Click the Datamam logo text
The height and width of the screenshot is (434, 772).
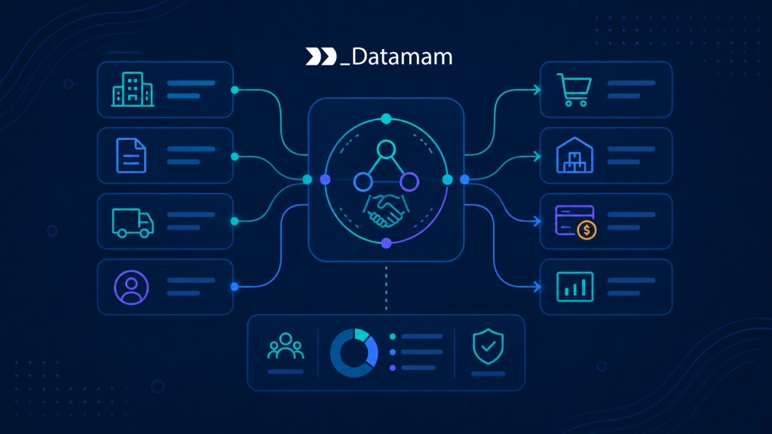point(397,57)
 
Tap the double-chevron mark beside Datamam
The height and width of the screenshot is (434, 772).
point(321,57)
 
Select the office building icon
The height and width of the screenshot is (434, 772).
point(133,89)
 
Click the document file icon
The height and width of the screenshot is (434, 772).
point(131,155)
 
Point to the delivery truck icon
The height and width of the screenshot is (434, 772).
point(133,222)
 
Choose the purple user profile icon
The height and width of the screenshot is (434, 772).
point(131,287)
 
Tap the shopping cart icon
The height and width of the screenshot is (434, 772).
point(574,90)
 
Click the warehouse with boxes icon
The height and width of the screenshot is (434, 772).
point(574,155)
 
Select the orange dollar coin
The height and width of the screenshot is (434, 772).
point(587,230)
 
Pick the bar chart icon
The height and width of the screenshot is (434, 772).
point(574,286)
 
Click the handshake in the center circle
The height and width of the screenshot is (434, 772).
point(386,210)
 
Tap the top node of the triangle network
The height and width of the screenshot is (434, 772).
point(386,149)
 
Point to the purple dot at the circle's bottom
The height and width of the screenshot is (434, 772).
point(387,243)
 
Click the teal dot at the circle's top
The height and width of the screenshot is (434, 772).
point(387,118)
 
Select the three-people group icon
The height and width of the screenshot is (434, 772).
point(286,346)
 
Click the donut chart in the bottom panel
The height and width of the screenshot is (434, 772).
point(354,353)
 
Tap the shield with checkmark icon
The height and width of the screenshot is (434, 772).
point(488,347)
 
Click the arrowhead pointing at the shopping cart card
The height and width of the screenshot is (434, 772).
point(537,90)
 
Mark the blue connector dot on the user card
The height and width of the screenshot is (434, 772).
point(235,286)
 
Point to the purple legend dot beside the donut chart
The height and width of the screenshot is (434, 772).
point(392,368)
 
